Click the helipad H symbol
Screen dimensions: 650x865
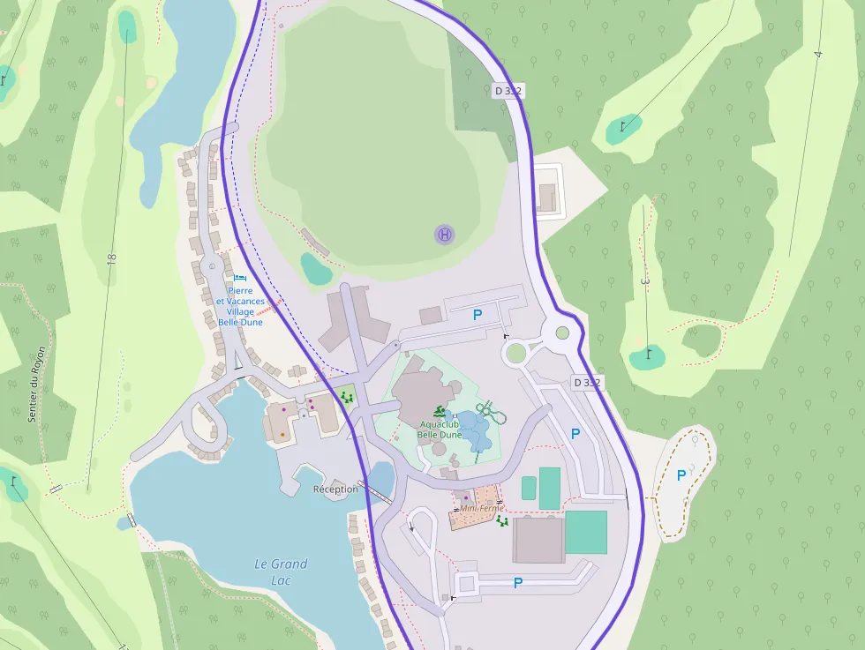[445, 235]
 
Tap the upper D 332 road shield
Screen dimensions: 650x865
[508, 90]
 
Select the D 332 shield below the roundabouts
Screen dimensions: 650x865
[586, 383]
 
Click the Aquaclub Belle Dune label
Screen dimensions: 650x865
[440, 430]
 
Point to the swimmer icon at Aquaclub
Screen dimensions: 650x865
[440, 411]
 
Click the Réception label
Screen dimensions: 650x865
[335, 489]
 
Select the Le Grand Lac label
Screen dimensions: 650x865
[281, 572]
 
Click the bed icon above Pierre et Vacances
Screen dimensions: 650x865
[239, 277]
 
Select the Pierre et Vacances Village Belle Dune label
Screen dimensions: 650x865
[240, 306]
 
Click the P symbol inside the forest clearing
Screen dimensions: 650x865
[681, 475]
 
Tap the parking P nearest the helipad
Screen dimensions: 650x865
[478, 314]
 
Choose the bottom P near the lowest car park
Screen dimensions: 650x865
[518, 582]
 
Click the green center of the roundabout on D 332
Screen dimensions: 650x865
[562, 332]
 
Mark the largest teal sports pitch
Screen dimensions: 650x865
[586, 532]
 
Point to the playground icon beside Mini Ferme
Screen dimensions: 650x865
[502, 521]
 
